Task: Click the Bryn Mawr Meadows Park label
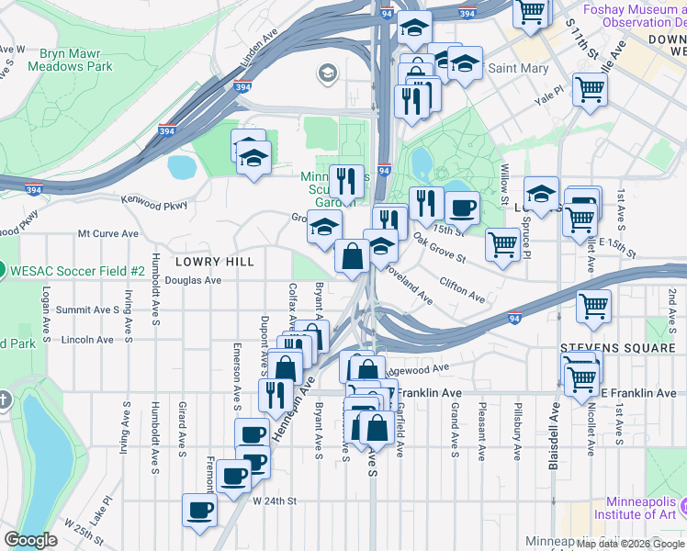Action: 70,60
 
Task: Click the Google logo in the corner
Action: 30,539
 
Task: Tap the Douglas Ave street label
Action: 194,280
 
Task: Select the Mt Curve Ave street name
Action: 108,234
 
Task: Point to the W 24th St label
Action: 276,500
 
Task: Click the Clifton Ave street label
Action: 462,289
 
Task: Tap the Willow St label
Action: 504,185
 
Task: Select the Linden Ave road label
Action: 258,51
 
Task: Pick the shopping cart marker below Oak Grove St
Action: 501,244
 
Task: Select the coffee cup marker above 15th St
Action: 462,207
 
